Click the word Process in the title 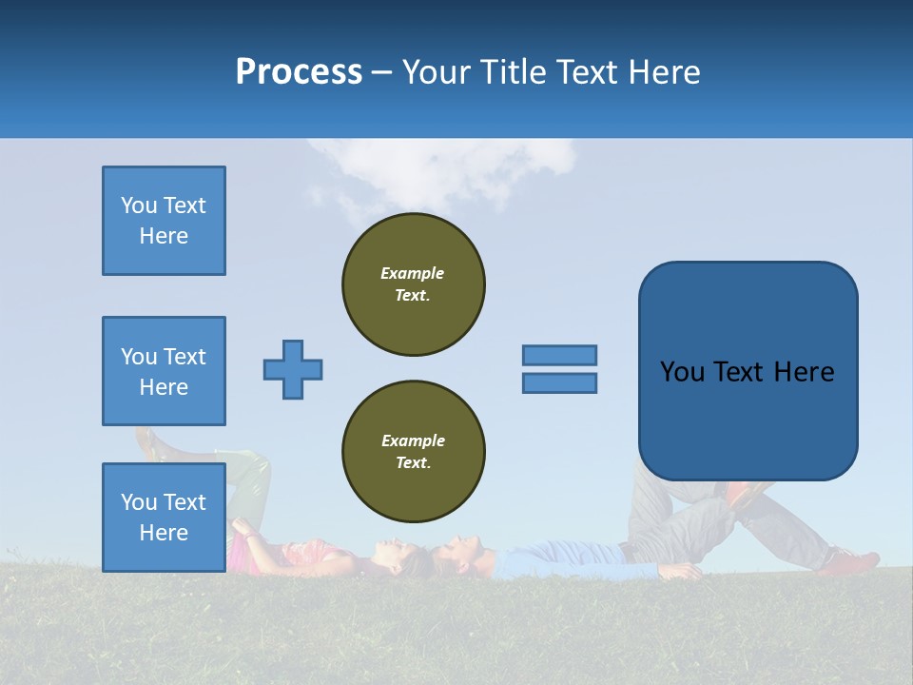[x=299, y=72]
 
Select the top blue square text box [x=164, y=221]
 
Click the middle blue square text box [x=164, y=371]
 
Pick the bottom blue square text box [x=164, y=517]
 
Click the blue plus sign [x=293, y=369]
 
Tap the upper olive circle [x=414, y=284]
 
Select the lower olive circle [x=414, y=451]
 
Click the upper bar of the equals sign [x=559, y=355]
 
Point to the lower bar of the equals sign [x=559, y=382]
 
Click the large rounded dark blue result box [x=748, y=371]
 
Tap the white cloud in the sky [x=437, y=171]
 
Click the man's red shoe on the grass [x=848, y=562]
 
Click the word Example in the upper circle [x=412, y=273]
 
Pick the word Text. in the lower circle [x=413, y=462]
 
